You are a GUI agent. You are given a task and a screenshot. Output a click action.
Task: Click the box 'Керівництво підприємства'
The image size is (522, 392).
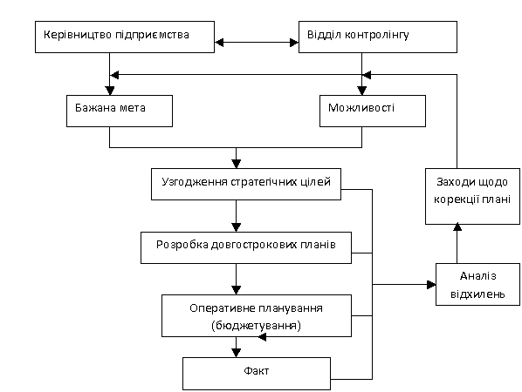(x=125, y=37)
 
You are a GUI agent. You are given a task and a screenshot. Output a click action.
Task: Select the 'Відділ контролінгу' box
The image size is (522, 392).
(x=378, y=37)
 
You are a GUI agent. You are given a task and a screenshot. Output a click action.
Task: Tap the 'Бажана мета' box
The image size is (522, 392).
(x=120, y=111)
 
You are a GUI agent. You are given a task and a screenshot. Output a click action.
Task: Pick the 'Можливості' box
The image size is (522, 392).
(x=373, y=111)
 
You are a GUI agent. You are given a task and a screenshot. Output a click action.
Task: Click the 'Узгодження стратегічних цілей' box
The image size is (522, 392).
(x=246, y=184)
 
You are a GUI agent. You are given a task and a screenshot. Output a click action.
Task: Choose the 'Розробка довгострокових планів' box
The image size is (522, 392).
(x=246, y=247)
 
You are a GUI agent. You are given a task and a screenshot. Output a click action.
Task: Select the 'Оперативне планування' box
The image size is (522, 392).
(x=257, y=315)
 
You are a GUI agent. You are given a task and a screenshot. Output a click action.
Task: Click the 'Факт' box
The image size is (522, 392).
(x=257, y=374)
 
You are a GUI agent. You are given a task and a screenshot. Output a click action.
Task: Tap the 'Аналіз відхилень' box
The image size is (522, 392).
(x=478, y=284)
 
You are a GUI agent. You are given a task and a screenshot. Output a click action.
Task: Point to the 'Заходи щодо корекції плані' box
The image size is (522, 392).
(x=473, y=196)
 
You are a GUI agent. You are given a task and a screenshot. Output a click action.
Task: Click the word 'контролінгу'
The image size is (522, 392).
(x=376, y=35)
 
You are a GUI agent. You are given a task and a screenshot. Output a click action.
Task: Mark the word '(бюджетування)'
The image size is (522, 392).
(x=256, y=325)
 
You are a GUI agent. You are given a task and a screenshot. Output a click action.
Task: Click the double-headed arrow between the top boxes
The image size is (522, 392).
(x=257, y=42)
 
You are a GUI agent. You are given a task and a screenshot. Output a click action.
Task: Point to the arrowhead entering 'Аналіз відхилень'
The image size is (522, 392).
(x=431, y=284)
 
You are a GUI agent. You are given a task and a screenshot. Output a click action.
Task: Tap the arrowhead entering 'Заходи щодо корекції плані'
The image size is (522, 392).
(x=457, y=226)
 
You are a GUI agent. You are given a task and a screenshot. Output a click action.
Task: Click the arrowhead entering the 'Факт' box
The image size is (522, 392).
(x=236, y=353)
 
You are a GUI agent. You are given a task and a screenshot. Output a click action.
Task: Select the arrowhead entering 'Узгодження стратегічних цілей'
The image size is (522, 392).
(x=236, y=164)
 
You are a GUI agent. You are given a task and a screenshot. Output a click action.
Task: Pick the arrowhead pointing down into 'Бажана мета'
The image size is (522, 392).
(x=109, y=91)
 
